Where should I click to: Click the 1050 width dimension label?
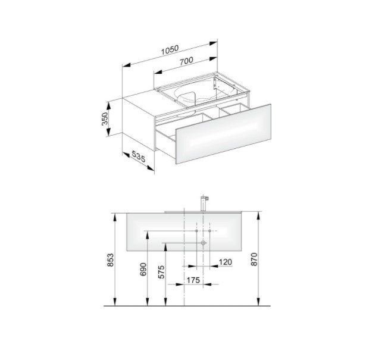point(170,50)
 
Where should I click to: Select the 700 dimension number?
point(186,61)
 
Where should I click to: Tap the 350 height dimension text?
point(105,118)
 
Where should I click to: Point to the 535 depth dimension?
point(139,156)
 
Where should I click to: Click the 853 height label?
point(111,260)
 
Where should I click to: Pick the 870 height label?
point(254,259)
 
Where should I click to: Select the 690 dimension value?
point(143,269)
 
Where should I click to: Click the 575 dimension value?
point(161,272)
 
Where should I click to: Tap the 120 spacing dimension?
point(225,262)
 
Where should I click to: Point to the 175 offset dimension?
point(193,280)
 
